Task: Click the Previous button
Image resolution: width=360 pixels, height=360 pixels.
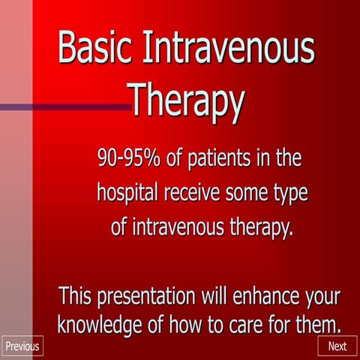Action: (x=22, y=346)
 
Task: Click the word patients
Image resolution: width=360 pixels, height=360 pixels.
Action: (x=219, y=159)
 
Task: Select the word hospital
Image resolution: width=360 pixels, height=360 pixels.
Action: (x=127, y=193)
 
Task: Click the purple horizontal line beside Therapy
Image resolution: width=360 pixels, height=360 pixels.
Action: (x=67, y=107)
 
